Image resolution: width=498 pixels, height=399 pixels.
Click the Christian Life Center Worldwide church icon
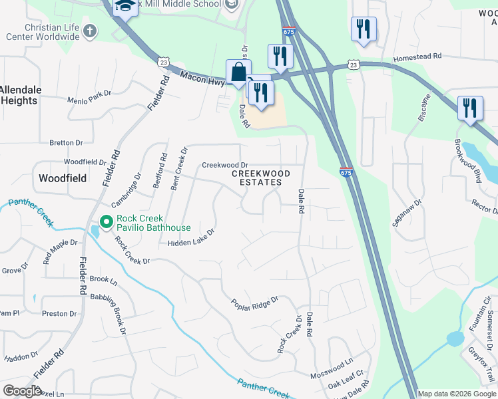click(89, 31)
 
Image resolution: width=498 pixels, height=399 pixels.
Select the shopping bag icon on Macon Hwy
click(238, 72)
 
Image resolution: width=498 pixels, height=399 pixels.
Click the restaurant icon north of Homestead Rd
click(364, 29)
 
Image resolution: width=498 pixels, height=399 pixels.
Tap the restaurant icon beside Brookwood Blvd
click(470, 108)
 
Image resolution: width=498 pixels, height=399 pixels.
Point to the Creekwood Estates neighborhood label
click(261, 178)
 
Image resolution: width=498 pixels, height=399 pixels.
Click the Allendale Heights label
click(21, 95)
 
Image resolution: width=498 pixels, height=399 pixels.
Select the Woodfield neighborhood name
click(63, 178)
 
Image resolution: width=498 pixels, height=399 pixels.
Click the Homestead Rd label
click(417, 58)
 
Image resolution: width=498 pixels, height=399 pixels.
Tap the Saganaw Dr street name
click(407, 212)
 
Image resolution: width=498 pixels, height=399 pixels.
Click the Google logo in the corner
click(22, 391)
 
